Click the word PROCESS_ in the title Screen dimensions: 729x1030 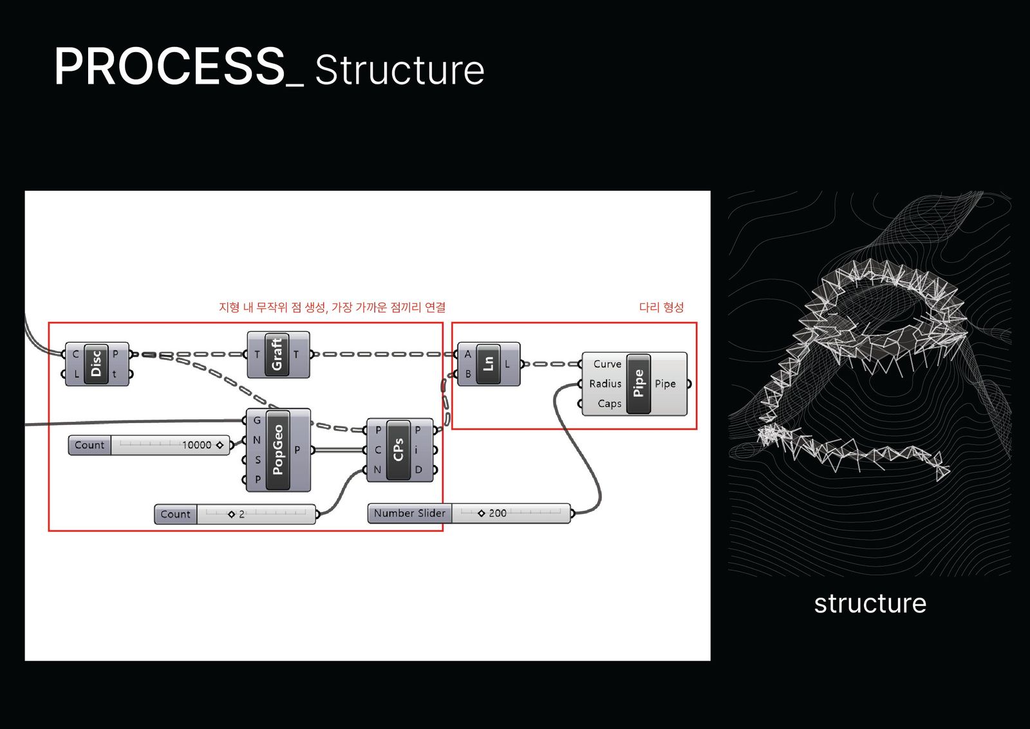tap(178, 67)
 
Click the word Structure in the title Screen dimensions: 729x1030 tap(399, 71)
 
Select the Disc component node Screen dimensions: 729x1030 tap(97, 364)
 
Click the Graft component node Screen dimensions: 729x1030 tap(277, 355)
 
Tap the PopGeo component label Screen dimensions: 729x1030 tap(278, 450)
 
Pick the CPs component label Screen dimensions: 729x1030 tap(398, 450)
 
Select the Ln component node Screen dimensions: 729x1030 tap(489, 364)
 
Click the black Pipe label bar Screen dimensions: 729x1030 tap(639, 383)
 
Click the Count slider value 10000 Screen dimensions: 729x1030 tap(196, 445)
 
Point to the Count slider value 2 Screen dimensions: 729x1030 tap(241, 515)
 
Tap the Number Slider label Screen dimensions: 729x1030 tap(409, 513)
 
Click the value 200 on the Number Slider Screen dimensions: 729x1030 tap(497, 513)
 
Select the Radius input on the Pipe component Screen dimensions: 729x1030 tap(605, 384)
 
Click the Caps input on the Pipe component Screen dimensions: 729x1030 tap(609, 404)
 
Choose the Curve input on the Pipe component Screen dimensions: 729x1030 tap(607, 364)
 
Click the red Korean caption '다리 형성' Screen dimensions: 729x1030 tap(661, 307)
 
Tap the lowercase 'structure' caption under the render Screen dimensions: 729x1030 tap(870, 603)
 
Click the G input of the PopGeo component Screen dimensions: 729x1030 tap(257, 421)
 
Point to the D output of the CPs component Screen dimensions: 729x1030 tap(418, 469)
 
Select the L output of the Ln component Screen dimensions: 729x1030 tap(507, 364)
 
